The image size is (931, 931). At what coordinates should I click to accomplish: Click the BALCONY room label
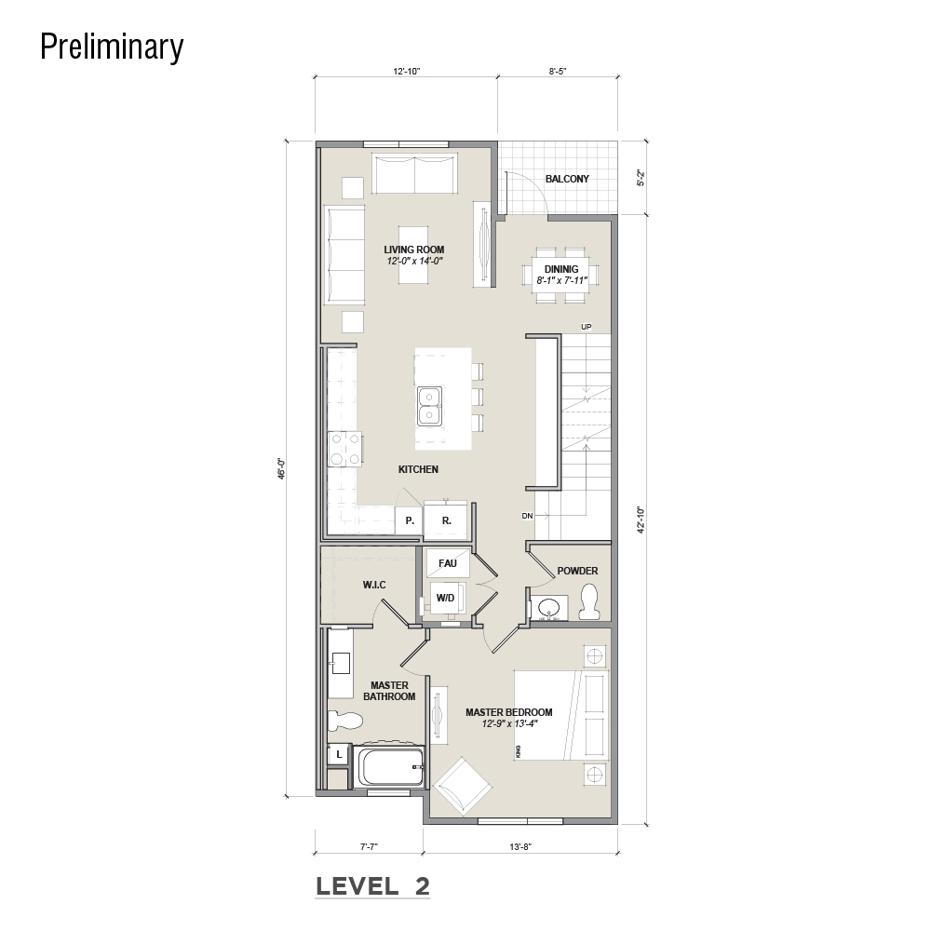pos(567,179)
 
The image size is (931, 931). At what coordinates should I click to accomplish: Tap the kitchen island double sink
pos(428,406)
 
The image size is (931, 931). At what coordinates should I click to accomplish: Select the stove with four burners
pos(345,449)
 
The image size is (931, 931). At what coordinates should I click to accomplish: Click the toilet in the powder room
pos(588,601)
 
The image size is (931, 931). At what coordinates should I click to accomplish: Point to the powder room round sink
pos(548,607)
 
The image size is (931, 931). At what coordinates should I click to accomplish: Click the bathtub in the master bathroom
pos(389,766)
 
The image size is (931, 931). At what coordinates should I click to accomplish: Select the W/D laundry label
pos(445,598)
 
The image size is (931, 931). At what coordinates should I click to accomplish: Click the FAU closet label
pos(448,563)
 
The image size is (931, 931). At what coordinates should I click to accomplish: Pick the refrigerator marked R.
pos(446,520)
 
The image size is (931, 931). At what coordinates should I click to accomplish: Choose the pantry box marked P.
pos(409,520)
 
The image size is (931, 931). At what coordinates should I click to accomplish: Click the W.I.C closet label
pos(374,585)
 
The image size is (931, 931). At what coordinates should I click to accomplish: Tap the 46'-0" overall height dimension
pos(283,468)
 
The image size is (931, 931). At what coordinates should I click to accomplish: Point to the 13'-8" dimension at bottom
pos(520,847)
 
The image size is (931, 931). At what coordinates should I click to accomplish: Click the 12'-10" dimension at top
pos(406,72)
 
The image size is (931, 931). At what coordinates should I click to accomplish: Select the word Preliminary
pos(113,47)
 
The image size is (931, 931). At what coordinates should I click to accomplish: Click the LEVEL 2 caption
pos(373,886)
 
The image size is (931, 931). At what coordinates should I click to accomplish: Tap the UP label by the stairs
pos(586,327)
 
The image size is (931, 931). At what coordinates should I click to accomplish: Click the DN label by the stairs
pos(527,516)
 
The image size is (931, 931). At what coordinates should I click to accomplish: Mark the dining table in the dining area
pos(561,275)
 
